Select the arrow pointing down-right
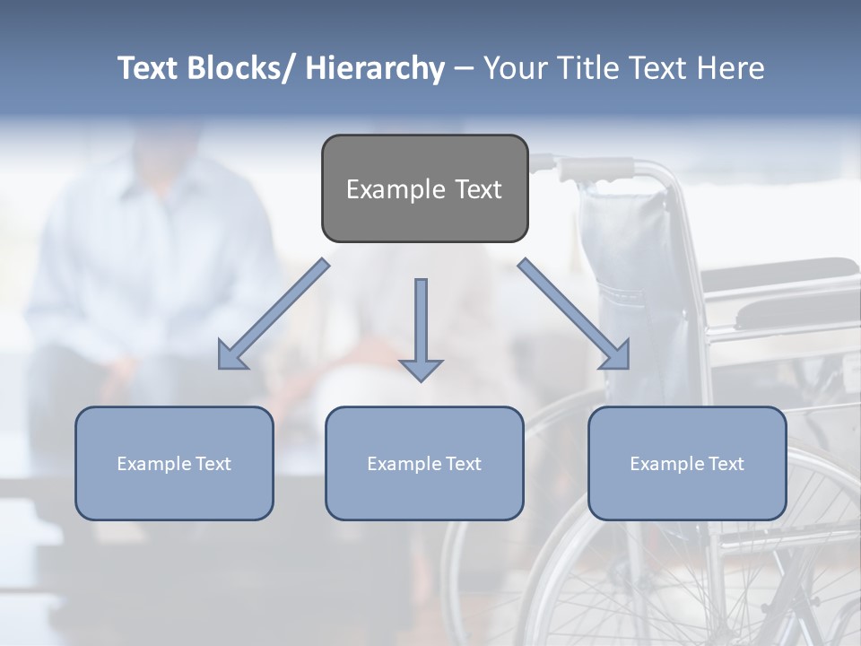click(574, 314)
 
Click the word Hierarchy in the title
click(374, 68)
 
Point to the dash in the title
click(464, 68)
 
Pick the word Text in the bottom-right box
click(726, 464)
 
